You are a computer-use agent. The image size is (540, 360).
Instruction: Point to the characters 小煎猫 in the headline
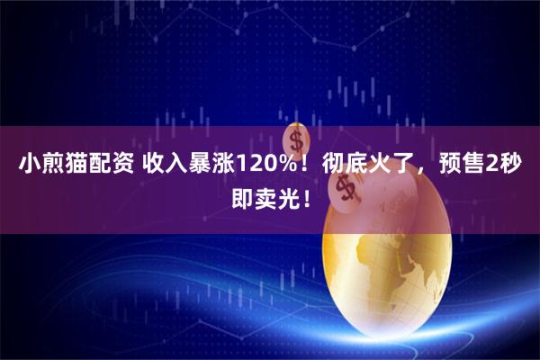pos(43,165)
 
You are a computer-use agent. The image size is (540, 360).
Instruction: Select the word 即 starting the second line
pos(241,195)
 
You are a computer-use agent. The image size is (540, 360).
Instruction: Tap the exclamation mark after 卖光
pos(301,195)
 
